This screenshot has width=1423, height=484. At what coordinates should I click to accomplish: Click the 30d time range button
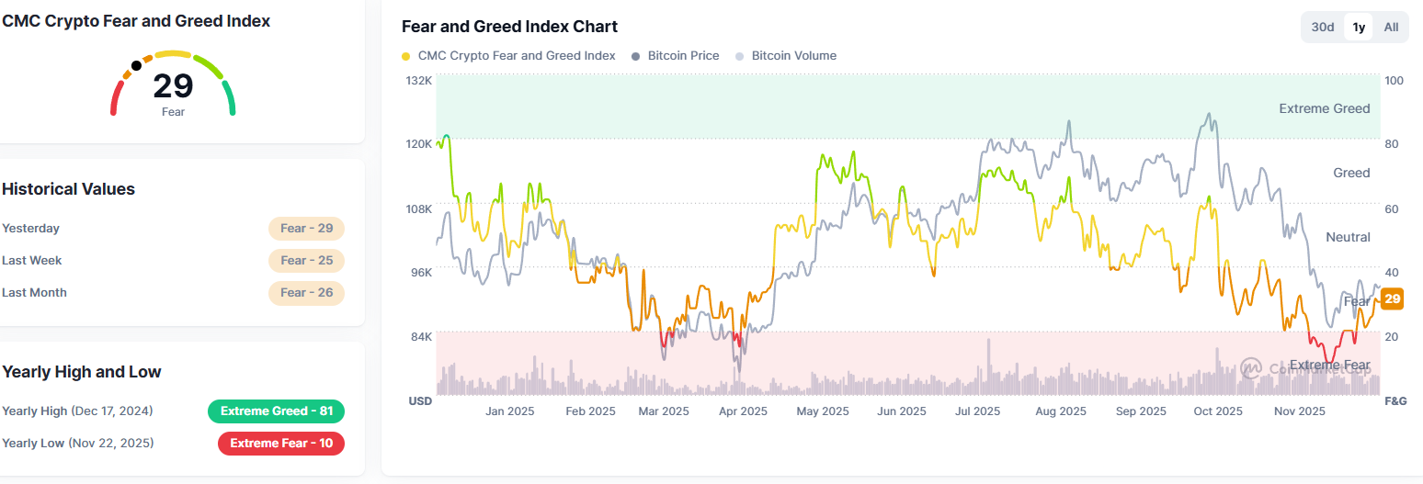click(1323, 27)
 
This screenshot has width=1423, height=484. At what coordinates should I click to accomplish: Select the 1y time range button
click(1359, 27)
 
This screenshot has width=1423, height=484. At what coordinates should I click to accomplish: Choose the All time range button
click(1391, 27)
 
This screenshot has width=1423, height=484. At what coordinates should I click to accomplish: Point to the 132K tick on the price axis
click(419, 81)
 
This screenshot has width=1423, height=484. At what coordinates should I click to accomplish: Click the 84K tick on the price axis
click(420, 337)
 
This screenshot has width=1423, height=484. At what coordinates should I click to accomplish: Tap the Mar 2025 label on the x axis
click(663, 411)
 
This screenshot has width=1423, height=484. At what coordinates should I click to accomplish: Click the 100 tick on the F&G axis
click(1394, 81)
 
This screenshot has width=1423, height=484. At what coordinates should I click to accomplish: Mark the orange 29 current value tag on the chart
click(1392, 298)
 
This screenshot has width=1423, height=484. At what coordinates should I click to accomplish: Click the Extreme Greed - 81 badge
click(277, 411)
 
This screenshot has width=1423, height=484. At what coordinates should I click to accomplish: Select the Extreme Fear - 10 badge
click(281, 444)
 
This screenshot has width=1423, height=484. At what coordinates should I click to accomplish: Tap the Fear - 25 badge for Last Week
click(307, 261)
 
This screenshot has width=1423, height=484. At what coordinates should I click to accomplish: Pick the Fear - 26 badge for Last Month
click(307, 293)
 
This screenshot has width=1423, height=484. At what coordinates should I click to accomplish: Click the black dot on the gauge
click(136, 65)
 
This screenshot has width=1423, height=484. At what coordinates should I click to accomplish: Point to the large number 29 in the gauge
click(173, 86)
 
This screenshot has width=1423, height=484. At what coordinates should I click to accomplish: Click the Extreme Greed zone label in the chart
click(1324, 108)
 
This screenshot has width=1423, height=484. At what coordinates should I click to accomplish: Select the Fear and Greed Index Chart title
click(510, 27)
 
